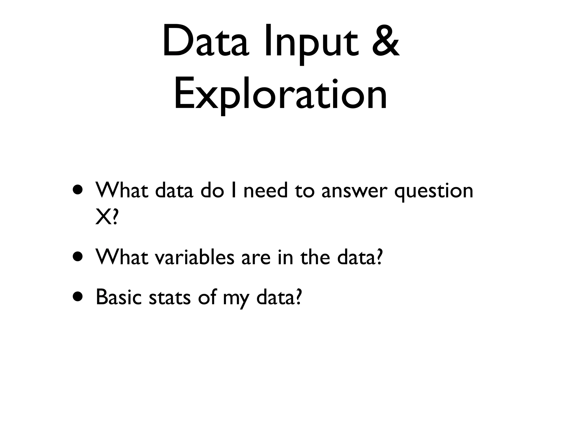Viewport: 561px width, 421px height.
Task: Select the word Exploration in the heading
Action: [x=280, y=95]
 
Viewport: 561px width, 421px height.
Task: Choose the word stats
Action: [x=169, y=298]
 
